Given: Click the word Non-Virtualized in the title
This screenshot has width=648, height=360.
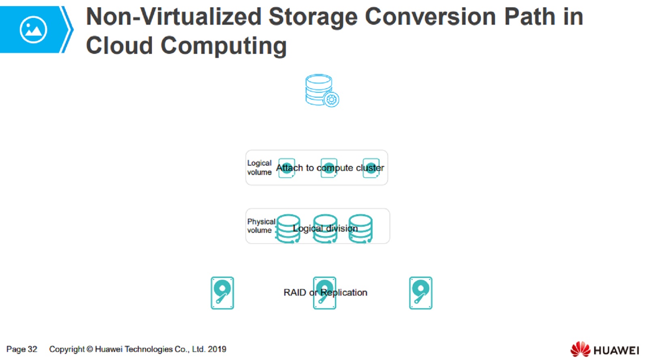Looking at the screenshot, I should click(174, 17).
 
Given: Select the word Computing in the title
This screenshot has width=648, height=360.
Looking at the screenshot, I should click(224, 45).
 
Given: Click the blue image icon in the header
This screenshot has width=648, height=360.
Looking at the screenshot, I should click(33, 30).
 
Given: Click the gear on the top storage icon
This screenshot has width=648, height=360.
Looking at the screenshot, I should click(332, 99).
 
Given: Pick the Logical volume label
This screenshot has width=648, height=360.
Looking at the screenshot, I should click(259, 168).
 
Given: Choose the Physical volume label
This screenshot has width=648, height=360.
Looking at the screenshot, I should click(261, 226).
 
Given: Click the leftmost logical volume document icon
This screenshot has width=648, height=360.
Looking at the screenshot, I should click(287, 168).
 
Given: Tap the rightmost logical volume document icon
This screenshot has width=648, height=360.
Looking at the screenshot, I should click(371, 168).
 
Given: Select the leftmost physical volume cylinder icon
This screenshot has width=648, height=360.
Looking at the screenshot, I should click(288, 229).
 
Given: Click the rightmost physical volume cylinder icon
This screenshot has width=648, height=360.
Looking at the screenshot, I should click(360, 229).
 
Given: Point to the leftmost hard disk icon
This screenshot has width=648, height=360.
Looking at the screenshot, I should click(222, 293).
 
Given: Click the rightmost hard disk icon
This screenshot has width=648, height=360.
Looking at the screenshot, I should click(421, 293).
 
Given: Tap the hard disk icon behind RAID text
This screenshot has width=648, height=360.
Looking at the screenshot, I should click(324, 293).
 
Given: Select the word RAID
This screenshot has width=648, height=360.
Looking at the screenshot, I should click(294, 293).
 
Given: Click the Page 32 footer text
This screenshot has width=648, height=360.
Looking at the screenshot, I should click(22, 349).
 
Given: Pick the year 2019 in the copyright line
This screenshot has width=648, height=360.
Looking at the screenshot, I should click(217, 349).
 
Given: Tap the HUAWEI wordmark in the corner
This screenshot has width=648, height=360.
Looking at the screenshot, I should click(616, 350).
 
